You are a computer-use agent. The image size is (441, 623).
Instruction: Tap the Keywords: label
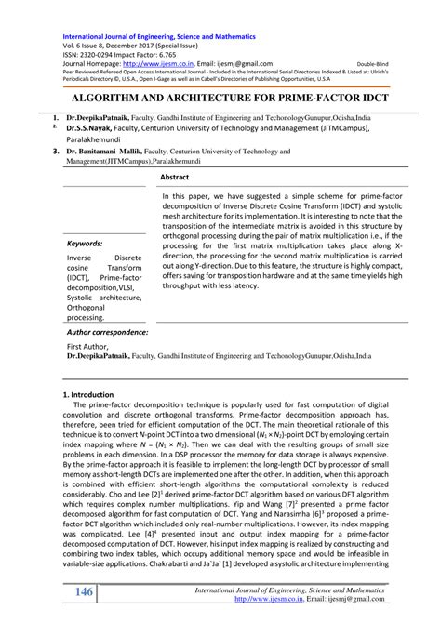(x=85, y=244)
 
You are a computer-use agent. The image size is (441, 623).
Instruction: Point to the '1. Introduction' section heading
(x=85, y=369)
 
